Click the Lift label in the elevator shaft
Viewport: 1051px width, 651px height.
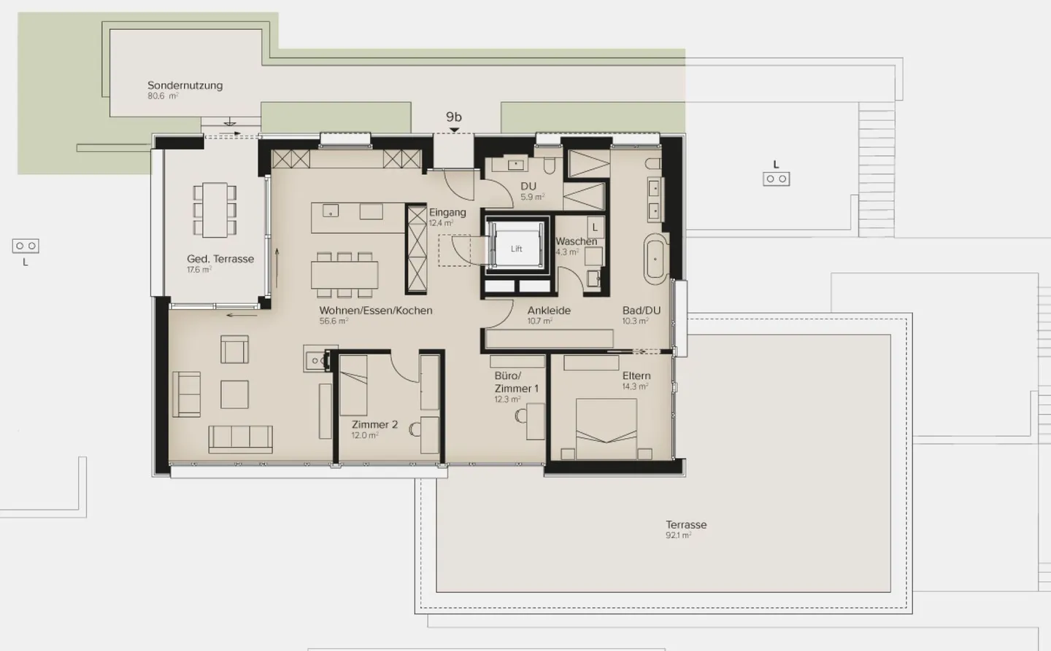pos(516,249)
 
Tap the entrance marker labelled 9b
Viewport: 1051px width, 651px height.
pos(454,117)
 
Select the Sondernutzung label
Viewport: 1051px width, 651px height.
pos(185,85)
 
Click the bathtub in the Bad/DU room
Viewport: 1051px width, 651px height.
pos(655,259)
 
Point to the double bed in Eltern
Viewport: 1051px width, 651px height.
pos(607,429)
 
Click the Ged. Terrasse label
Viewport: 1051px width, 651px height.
pos(220,259)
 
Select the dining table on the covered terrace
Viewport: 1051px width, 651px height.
pos(215,210)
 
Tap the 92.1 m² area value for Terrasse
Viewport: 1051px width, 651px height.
pos(678,536)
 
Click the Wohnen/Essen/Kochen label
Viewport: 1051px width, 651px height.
pos(376,311)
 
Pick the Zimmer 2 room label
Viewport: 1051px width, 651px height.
pos(374,424)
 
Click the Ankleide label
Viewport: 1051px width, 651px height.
pos(549,311)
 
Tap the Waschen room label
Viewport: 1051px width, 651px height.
pos(576,241)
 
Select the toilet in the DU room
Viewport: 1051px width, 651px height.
pos(549,165)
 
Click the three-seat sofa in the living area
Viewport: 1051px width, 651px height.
pos(240,438)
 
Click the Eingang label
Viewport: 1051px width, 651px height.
pos(447,212)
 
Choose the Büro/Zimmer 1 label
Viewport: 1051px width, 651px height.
pos(516,382)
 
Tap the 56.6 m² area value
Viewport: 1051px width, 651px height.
pos(334,321)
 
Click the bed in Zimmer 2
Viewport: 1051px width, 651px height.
pos(354,384)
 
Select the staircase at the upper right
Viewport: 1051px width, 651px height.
pos(876,168)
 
